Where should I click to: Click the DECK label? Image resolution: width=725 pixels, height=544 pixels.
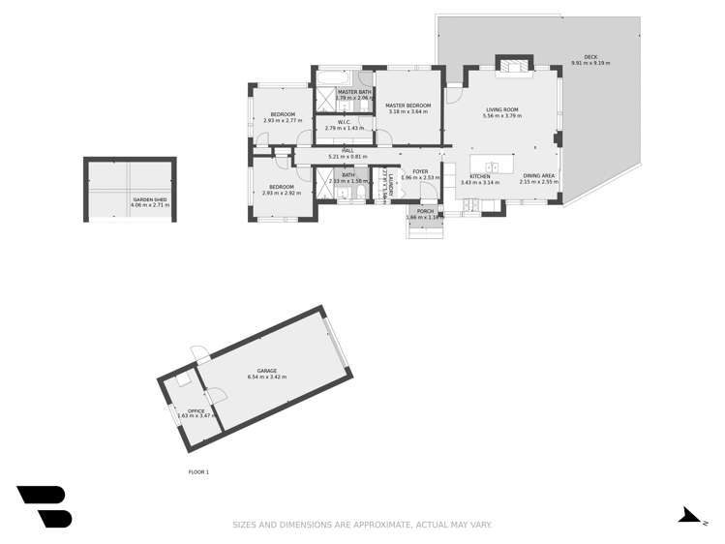point(590,57)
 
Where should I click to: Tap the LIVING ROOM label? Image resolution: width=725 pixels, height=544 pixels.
point(502,110)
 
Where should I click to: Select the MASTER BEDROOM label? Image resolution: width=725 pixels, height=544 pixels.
point(408,106)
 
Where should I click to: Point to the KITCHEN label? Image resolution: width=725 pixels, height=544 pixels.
point(479,176)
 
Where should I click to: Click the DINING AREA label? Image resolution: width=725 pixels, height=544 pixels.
point(538,176)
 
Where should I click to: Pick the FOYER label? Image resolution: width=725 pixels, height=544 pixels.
point(420,171)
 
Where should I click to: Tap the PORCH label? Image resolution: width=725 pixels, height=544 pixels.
point(425,210)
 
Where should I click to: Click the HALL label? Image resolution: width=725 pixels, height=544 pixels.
point(334,151)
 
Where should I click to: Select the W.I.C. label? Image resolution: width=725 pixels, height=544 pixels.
point(344,122)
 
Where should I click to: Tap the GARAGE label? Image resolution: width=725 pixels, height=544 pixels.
point(267,371)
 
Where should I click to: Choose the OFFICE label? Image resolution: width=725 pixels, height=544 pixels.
point(196,410)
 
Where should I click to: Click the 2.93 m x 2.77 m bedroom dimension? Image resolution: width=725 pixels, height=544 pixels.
point(282,120)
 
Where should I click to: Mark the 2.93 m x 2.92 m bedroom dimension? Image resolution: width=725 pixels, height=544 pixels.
point(282,193)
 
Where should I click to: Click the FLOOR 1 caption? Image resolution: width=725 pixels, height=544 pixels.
point(198,471)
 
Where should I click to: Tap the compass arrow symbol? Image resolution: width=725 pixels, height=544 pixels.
point(688,515)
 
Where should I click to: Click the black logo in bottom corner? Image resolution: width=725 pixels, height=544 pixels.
point(45,506)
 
